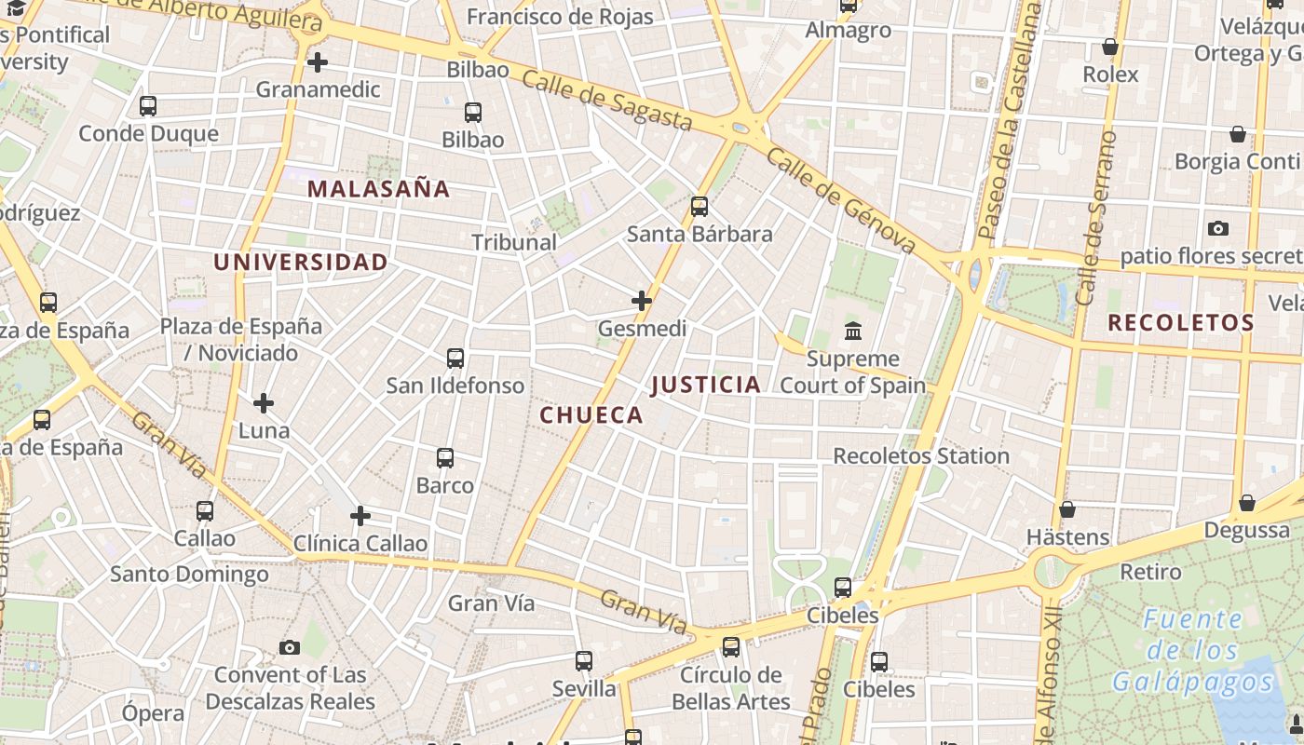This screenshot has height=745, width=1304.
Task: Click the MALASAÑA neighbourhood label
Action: pos(378,189)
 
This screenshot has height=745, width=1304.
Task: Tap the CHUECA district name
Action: pos(591,415)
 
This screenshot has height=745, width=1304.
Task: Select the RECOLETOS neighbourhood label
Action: pos(1181,323)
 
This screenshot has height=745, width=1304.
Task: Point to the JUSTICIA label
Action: pos(705,385)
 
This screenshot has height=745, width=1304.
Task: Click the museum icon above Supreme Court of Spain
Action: pos(852,331)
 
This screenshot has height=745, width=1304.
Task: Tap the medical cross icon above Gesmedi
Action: pos(642,301)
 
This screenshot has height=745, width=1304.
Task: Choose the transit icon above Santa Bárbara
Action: pos(700,207)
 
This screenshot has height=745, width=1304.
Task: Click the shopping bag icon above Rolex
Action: pos(1110,47)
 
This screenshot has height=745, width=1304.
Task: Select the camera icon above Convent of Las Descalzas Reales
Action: pos(290,647)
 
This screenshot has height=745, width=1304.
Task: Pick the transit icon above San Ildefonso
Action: pos(455,359)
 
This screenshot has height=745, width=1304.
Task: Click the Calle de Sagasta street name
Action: pos(607,102)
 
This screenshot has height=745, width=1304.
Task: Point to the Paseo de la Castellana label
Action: pos(1008,121)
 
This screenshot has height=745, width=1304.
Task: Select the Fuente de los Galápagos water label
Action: pos(1193,651)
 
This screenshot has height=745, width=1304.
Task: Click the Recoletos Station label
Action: pos(921,456)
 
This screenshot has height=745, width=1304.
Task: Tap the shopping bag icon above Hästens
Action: pos(1067,510)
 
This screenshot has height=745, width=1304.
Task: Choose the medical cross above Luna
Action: pos(264,403)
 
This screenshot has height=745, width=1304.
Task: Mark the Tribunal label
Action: pos(514,242)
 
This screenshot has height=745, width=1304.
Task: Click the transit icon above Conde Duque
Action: pos(148,106)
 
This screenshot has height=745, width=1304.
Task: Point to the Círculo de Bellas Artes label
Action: pos(731,688)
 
